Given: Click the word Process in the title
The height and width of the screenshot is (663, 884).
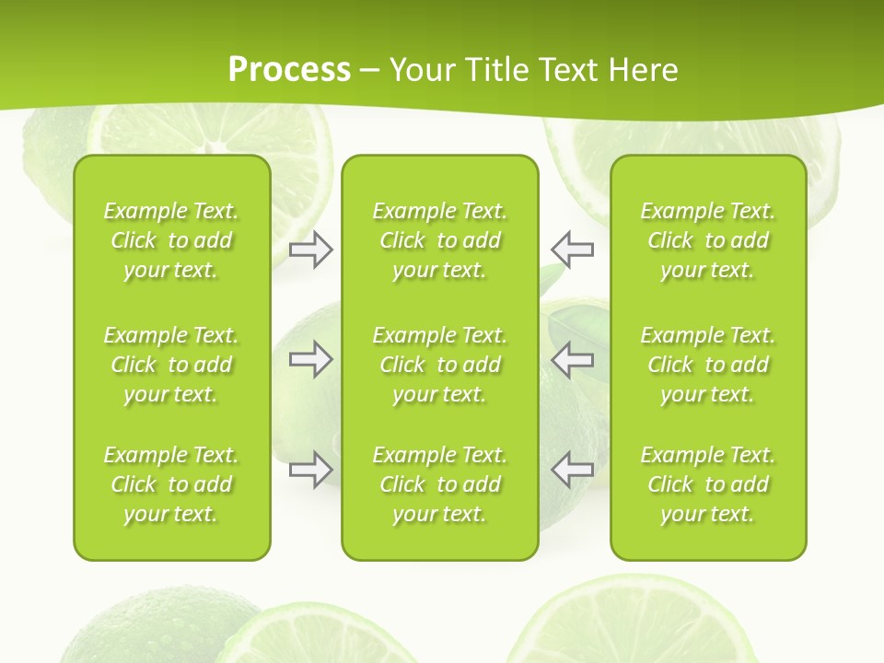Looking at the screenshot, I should coord(289,70).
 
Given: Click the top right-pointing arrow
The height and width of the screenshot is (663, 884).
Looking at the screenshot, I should coord(310,250).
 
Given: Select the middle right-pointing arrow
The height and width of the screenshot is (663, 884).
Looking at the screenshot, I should coord(310,360).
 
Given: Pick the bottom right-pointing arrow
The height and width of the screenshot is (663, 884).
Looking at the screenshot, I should coord(310,470).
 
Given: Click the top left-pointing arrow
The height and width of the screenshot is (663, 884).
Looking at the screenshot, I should coord(573,250).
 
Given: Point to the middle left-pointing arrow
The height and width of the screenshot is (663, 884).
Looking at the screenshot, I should coord(573,360).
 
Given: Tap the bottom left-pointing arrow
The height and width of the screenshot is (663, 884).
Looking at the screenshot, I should coord(573,470).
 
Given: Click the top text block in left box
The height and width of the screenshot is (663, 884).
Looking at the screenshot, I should coord(171,240).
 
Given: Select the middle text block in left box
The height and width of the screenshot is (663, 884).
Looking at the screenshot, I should coord(171,365).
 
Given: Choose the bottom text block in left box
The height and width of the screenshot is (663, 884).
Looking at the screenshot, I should coord(171,484).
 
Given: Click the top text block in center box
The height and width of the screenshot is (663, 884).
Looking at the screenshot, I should coord(439,240).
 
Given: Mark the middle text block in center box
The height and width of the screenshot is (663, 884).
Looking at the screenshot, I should coord(439,365).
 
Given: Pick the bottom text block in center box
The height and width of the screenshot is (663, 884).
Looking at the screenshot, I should coord(439,484).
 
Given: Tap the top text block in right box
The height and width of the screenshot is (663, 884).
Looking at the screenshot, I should coord(707,240).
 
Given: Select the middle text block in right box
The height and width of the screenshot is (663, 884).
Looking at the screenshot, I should coord(707,365).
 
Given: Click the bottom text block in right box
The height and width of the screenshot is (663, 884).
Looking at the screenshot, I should coord(707,484).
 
